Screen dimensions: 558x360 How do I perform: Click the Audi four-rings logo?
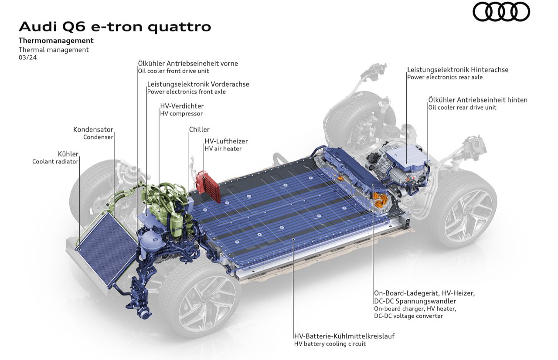501,12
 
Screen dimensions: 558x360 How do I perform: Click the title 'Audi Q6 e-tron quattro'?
115,27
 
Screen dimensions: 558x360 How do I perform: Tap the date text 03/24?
27,58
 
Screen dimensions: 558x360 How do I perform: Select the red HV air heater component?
208,186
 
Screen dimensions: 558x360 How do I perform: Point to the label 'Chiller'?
199,129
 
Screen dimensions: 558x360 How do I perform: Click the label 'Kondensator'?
93,129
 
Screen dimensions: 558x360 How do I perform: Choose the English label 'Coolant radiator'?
55,162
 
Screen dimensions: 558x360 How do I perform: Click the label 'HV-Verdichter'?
182,106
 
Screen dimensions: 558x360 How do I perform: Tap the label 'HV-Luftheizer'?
226,141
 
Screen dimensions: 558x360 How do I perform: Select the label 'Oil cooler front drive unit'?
174,71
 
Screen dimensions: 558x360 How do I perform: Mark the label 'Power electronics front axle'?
186,92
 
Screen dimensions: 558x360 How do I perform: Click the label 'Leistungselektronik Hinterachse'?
458,70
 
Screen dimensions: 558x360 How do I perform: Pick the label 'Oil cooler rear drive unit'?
462,108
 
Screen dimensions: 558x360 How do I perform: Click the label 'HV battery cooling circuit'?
330,344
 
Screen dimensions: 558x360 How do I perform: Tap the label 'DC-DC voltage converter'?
408,316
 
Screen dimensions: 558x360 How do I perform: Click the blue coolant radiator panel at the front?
107,249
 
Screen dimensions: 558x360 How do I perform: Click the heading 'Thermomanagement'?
56,41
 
